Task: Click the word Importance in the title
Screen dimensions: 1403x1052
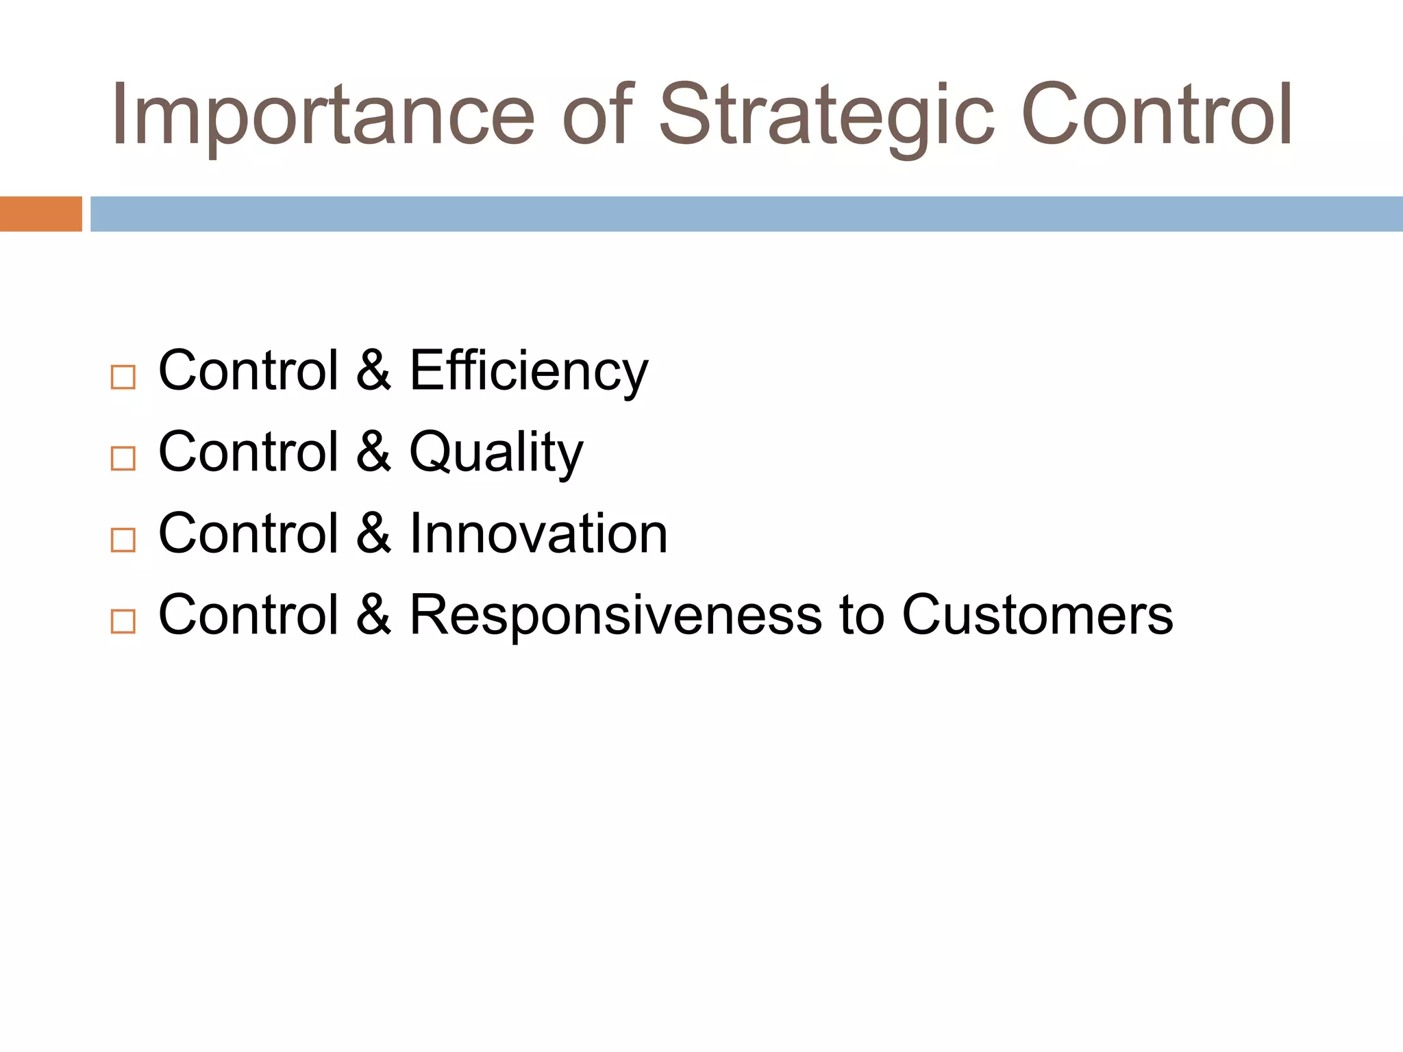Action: pyautogui.click(x=322, y=115)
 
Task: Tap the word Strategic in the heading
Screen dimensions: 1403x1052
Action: pyautogui.click(x=825, y=115)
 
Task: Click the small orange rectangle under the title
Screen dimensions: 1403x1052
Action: pyautogui.click(x=40, y=214)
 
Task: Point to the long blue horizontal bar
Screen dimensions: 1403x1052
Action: pyautogui.click(x=746, y=214)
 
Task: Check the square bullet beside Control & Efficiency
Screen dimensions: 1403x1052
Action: pyautogui.click(x=123, y=377)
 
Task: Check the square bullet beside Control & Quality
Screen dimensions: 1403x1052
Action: pyautogui.click(x=123, y=458)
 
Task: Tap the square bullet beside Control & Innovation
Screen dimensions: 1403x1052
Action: pyautogui.click(x=123, y=540)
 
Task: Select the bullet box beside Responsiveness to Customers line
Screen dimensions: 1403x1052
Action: pyautogui.click(x=123, y=621)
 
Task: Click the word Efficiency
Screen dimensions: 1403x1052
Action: pyautogui.click(x=528, y=371)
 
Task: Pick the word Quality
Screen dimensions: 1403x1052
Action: pyautogui.click(x=496, y=452)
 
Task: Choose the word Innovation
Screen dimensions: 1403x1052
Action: pyautogui.click(x=538, y=534)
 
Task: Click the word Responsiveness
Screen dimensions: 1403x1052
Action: pyautogui.click(x=615, y=615)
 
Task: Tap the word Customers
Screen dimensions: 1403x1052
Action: pyautogui.click(x=1037, y=615)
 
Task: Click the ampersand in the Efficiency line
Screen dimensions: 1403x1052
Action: pyautogui.click(x=373, y=371)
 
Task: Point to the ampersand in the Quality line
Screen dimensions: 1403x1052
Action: pyautogui.click(x=373, y=452)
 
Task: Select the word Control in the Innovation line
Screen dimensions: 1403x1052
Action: pyautogui.click(x=249, y=534)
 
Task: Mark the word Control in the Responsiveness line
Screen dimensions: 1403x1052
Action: pyautogui.click(x=249, y=615)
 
